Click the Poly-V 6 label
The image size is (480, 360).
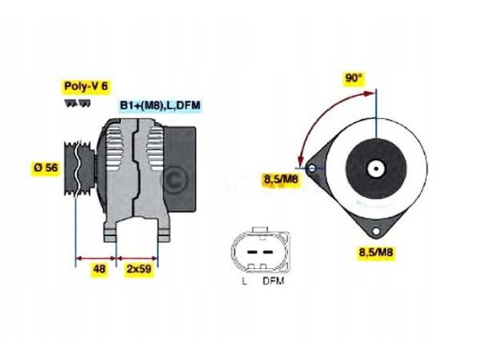click(83, 86)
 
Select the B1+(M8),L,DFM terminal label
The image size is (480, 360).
click(159, 106)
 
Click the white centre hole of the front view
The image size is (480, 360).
click(375, 170)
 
